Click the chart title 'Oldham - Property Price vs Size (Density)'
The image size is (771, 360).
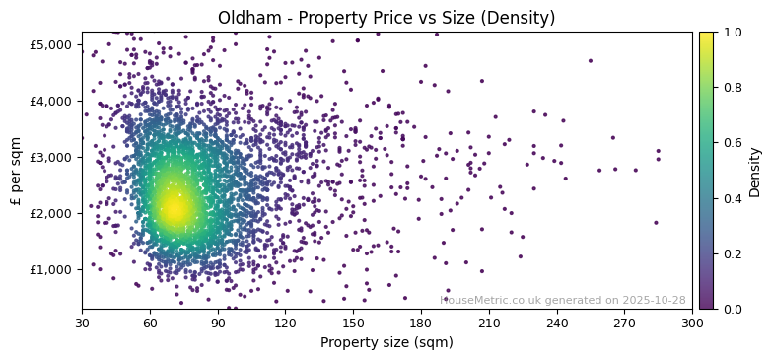coord(386,18)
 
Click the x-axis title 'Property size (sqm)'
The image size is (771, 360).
coord(386,343)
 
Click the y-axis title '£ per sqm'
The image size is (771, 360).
coord(16,171)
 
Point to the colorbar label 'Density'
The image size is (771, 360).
coord(755,172)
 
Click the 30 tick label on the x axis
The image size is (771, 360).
coord(82,323)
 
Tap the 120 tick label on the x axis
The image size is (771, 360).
coord(285,323)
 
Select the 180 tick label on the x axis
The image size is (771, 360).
coord(421,323)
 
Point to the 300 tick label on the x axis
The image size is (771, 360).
coord(692,323)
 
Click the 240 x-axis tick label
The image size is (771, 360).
coord(557,323)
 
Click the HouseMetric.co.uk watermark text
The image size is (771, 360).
coord(562,300)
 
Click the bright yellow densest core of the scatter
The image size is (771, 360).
coord(174,208)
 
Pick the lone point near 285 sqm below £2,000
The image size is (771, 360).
coord(656,222)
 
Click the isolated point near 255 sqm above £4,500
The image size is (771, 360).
coord(591,60)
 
